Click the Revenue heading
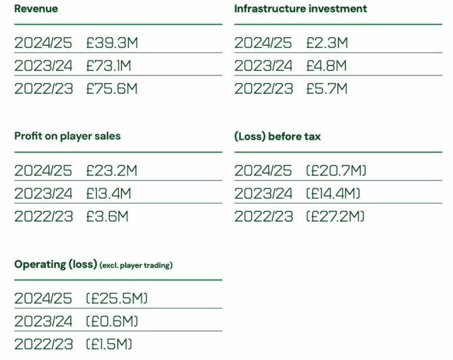click(36, 9)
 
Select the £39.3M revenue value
click(112, 43)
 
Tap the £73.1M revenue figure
click(109, 65)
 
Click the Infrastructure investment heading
click(300, 9)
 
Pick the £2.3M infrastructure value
click(327, 43)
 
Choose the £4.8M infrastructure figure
click(327, 65)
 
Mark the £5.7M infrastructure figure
click(327, 89)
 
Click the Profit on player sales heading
click(67, 136)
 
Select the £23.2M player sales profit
click(111, 171)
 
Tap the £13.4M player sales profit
click(109, 193)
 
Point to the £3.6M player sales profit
click(107, 217)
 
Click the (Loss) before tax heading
click(277, 136)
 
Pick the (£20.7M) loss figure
click(336, 171)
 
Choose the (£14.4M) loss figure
click(333, 193)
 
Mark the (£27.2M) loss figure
click(335, 217)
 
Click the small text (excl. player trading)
click(136, 265)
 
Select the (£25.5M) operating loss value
click(117, 298)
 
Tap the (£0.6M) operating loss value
click(112, 321)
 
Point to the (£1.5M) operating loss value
click(109, 344)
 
